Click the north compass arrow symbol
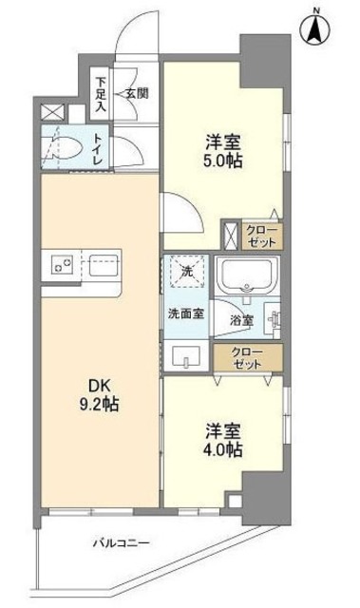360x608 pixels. point(313,29)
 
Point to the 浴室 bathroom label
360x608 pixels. point(243,320)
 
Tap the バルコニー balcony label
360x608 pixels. point(121,541)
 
